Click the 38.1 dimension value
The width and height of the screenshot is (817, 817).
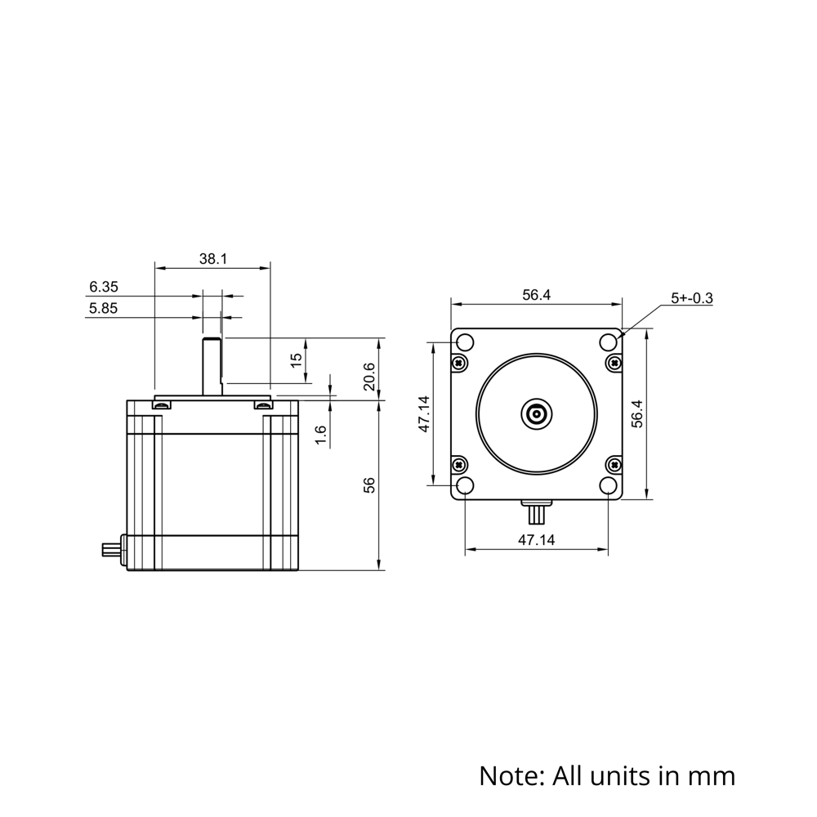212,259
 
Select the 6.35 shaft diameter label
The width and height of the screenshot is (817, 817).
104,287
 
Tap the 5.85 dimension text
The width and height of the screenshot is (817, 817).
104,308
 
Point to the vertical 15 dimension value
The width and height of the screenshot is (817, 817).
297,358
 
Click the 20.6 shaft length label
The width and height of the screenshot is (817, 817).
369,377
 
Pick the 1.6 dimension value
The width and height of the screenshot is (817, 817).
321,435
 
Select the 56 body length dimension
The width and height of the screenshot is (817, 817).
369,484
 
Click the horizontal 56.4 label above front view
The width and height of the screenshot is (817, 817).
536,296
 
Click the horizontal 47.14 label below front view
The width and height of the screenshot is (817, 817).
536,540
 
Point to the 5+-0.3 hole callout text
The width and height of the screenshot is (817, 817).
691,299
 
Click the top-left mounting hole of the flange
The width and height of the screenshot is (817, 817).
464,342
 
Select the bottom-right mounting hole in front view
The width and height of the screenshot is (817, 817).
609,485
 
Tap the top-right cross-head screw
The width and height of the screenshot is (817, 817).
614,362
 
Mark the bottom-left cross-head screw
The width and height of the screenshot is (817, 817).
459,465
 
